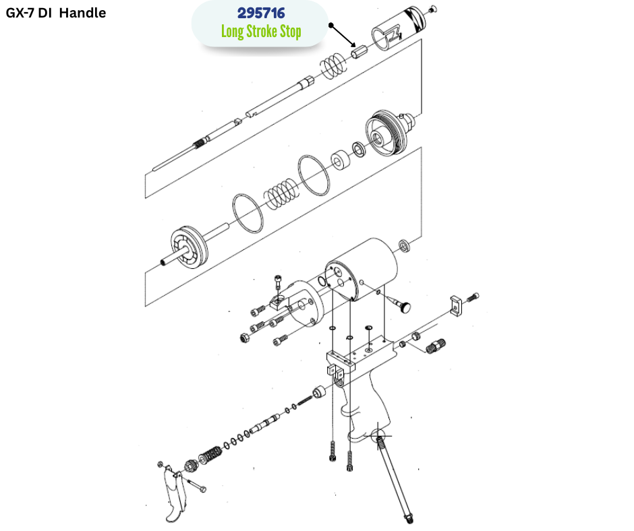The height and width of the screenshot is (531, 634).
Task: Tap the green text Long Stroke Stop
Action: coord(260,32)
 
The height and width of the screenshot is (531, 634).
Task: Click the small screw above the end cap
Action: coord(433,8)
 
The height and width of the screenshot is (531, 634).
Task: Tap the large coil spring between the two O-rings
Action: coord(279,191)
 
